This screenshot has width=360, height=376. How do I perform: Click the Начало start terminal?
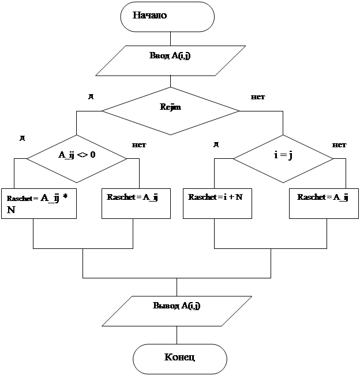click(x=167, y=16)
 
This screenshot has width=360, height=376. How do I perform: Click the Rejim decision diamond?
click(x=170, y=110)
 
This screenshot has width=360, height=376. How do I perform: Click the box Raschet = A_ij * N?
click(x=39, y=203)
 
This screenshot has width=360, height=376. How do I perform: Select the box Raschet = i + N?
click(x=217, y=202)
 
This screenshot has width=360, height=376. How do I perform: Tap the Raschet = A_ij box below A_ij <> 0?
click(x=136, y=202)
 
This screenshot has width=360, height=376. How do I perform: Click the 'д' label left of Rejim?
click(x=91, y=96)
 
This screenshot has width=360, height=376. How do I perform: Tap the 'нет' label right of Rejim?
click(x=258, y=96)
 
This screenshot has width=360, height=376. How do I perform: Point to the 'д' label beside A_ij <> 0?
click(x=22, y=138)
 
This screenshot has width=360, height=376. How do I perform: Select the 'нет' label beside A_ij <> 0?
click(x=139, y=144)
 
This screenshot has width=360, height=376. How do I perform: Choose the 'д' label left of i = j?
click(x=216, y=144)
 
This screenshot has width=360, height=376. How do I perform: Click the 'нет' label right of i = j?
click(x=339, y=144)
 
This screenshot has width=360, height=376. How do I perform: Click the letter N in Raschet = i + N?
click(x=239, y=197)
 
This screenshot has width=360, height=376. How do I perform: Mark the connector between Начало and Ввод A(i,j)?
click(x=167, y=39)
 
